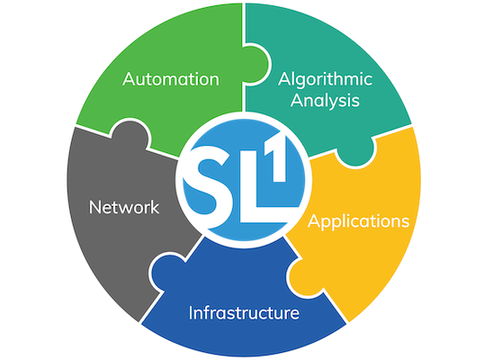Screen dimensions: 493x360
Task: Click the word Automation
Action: [171, 79]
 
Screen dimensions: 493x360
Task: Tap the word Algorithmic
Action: [325, 80]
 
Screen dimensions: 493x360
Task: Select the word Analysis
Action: [325, 102]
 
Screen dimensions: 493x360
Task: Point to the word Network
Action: [124, 207]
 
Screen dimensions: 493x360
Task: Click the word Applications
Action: [358, 222]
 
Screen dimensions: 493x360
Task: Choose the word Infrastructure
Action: [244, 312]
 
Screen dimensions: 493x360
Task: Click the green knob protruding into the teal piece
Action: [256, 65]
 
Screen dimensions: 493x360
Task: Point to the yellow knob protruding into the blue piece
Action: [302, 276]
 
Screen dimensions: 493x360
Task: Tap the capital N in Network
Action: [95, 208]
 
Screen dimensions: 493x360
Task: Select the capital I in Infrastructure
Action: [191, 312]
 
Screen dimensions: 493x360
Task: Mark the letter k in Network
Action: [154, 207]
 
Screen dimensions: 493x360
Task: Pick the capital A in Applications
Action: [314, 220]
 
